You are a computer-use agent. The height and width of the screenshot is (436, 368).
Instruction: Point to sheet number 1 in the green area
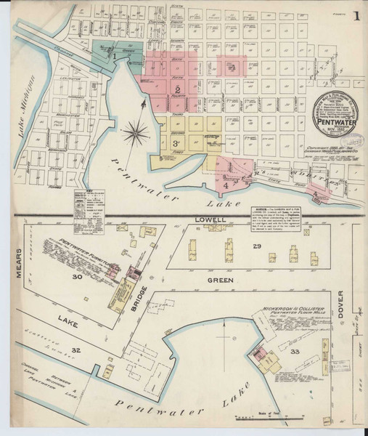coord(115,54)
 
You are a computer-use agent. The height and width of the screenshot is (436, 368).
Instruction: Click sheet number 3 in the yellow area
coord(176,142)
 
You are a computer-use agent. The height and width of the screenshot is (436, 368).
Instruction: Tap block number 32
coord(94,350)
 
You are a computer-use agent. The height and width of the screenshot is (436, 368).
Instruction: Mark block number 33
coord(294,352)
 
